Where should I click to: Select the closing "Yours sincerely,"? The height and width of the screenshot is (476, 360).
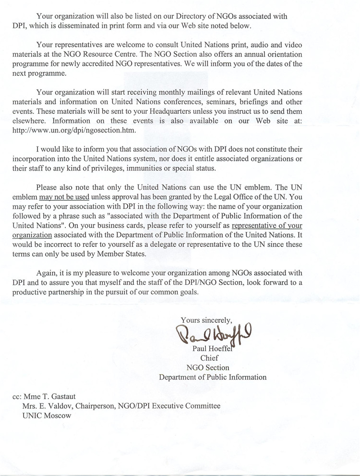(206, 319)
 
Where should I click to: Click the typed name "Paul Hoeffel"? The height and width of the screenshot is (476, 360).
(212, 349)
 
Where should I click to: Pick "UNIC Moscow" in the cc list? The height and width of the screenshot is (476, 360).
(47, 415)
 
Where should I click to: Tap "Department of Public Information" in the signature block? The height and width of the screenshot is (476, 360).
(213, 377)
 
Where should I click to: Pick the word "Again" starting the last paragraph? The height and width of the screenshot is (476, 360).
(47, 273)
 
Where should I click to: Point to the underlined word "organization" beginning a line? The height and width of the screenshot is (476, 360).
(31, 235)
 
